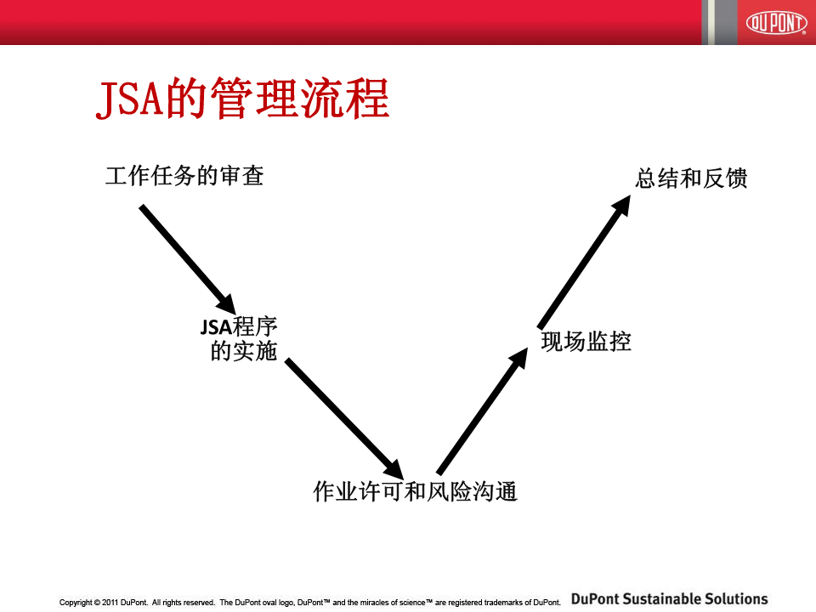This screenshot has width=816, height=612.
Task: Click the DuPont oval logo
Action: coord(775,22)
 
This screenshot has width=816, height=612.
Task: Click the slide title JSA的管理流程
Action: coord(242,98)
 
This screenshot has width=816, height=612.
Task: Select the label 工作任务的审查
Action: coord(184,176)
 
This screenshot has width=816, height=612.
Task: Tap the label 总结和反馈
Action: coord(691,178)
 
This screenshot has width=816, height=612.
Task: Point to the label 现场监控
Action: coord(586,342)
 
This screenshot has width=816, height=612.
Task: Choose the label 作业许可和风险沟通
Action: coord(415,491)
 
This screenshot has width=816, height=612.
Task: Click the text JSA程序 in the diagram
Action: coord(239,326)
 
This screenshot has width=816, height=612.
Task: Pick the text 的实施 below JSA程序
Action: coord(244,351)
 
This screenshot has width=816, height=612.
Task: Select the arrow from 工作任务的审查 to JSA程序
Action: coord(187,260)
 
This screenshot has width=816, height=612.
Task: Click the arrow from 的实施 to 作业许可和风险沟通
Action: coord(344,419)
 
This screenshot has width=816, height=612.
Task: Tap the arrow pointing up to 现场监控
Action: coord(482,411)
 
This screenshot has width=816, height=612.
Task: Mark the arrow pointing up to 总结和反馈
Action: coord(584,262)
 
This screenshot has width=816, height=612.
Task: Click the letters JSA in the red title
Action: coord(130,99)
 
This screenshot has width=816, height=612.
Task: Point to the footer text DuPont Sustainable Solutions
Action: coord(669,599)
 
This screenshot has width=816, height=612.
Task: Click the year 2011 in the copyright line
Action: coord(110,603)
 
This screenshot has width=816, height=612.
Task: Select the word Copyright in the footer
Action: coord(76,603)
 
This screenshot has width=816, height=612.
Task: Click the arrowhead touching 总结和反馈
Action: coord(620,206)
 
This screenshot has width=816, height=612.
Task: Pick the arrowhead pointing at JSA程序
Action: coord(227,304)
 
